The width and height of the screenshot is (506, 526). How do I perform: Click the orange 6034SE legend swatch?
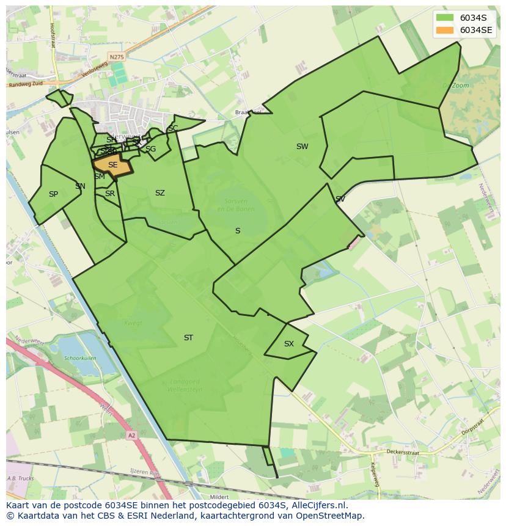coord(446,30)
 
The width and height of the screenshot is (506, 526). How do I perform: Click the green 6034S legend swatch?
coord(446,18)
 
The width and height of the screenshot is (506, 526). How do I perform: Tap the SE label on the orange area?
coord(112,165)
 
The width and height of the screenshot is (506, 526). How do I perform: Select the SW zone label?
coord(302,147)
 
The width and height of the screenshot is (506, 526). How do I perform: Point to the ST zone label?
coord(188,338)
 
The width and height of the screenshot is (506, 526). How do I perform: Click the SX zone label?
coord(289,344)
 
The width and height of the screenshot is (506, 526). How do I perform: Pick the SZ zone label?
coord(159,193)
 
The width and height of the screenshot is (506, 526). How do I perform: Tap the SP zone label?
coord(53,194)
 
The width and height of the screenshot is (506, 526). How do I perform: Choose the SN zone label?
coord(80,186)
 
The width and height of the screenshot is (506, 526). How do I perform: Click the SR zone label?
coord(110,194)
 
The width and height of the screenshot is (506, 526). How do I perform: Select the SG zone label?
coord(150,149)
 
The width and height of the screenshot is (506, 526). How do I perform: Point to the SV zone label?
coord(340,199)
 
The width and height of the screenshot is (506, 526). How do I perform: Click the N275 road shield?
coord(116,57)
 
